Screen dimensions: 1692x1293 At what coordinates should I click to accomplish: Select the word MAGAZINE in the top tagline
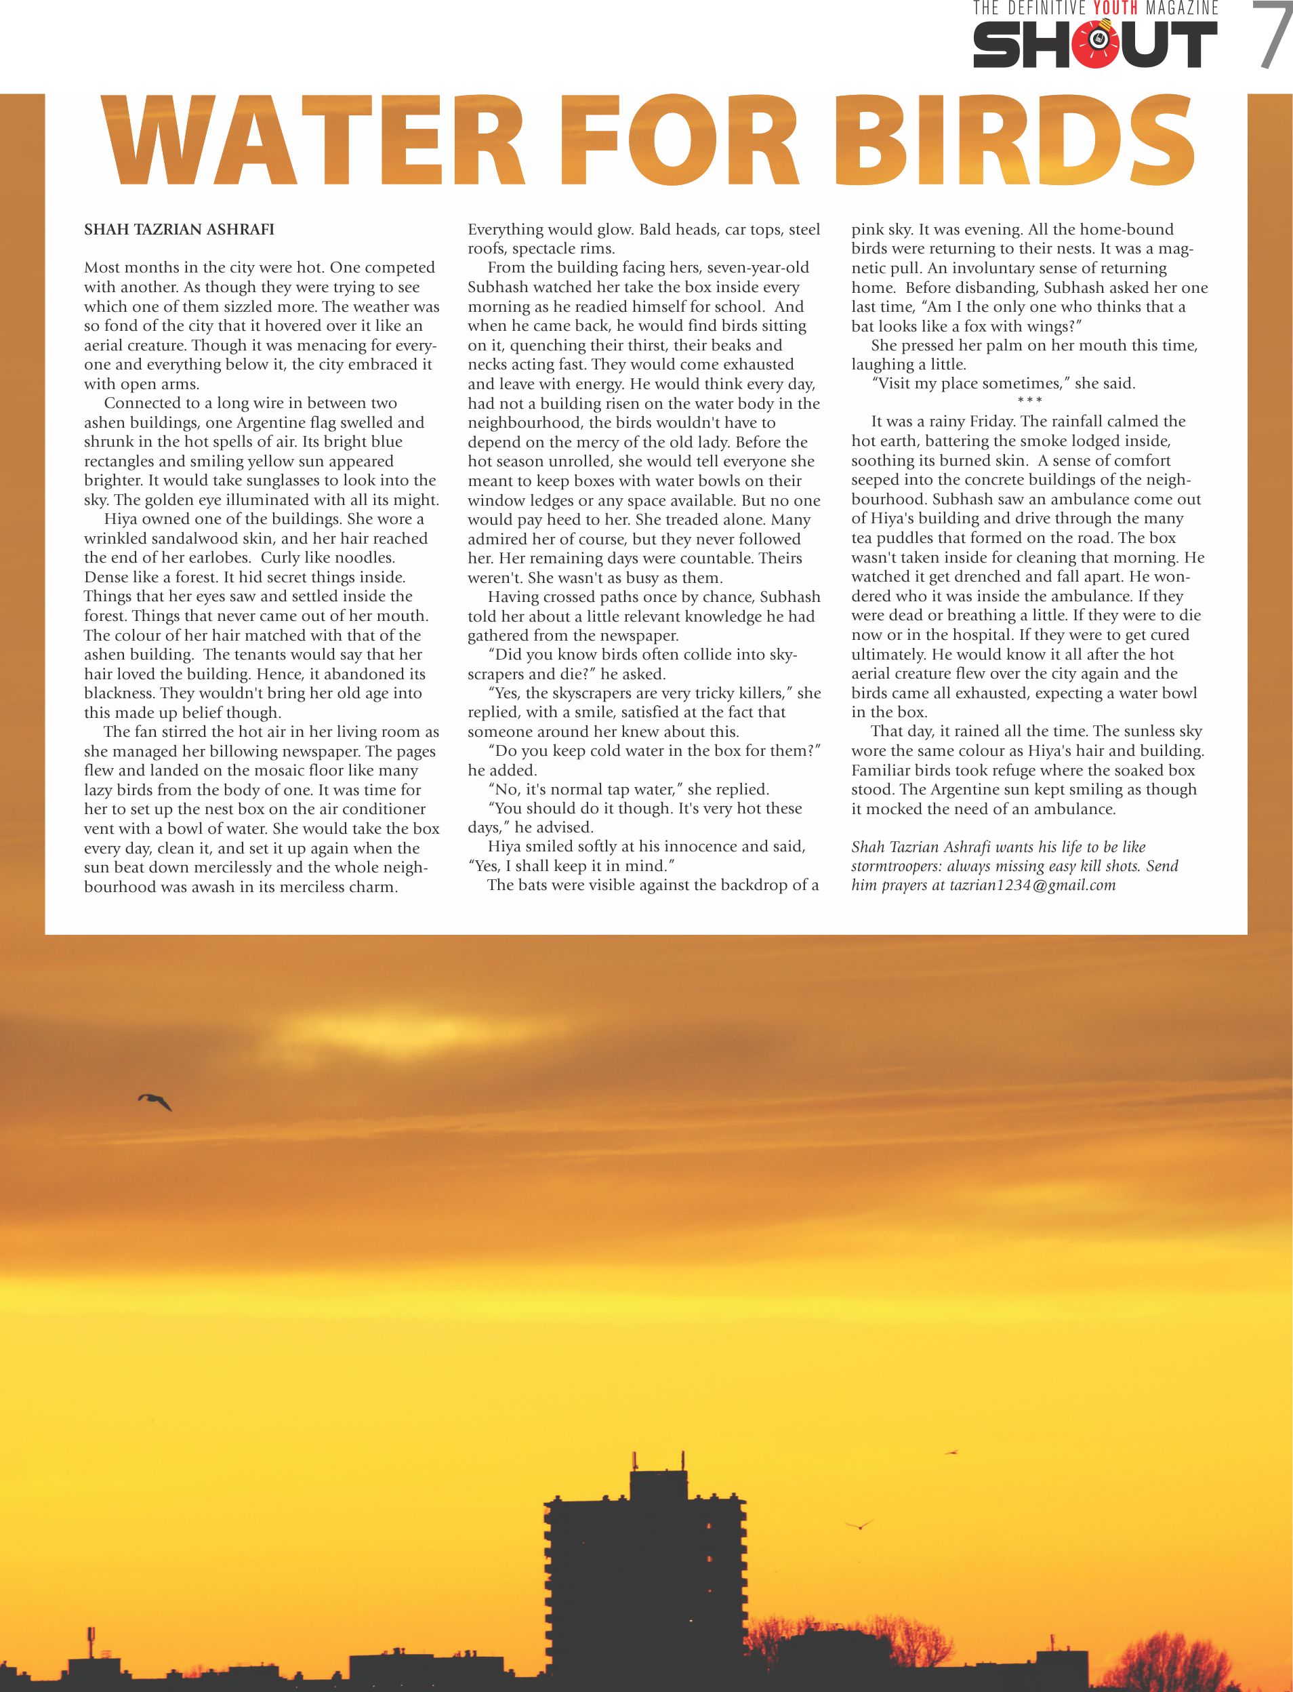[x=1181, y=8]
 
